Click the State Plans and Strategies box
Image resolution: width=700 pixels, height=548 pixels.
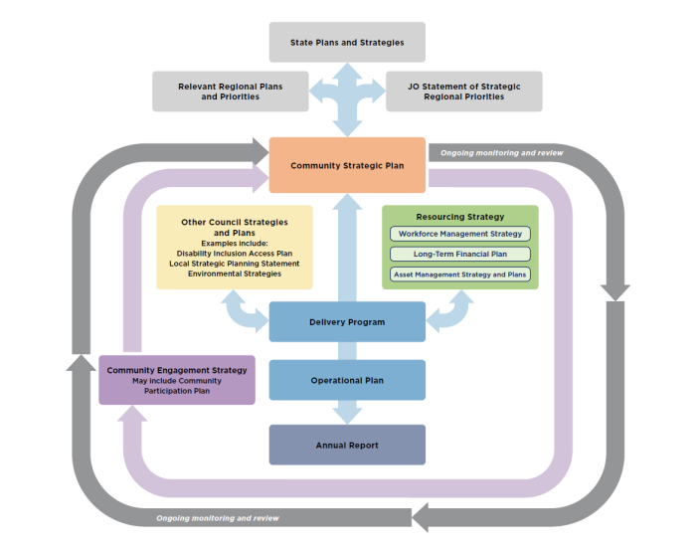(347, 43)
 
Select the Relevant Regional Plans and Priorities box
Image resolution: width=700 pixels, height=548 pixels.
(230, 91)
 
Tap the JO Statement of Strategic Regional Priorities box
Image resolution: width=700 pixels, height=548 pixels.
(463, 91)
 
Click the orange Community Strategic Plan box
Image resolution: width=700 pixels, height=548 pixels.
(347, 165)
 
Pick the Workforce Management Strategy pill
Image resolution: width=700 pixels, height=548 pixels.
(459, 234)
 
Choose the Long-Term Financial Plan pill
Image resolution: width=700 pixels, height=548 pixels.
(459, 254)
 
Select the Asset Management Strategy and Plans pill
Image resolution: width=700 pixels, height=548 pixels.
(459, 274)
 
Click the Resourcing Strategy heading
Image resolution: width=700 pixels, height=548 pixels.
(459, 216)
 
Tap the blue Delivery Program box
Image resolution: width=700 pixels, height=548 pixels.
(347, 322)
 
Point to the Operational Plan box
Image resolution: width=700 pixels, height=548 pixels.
(347, 380)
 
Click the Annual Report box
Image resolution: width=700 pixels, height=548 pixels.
(347, 445)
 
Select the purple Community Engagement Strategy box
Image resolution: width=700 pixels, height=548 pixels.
(177, 380)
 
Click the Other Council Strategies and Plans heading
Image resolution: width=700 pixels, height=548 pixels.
(235, 227)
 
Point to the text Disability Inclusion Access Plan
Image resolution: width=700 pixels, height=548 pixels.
(235, 254)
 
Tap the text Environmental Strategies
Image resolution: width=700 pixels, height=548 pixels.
(235, 274)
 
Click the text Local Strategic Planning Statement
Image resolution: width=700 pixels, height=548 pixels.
(235, 264)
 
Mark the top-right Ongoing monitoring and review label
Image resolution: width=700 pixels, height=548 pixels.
(501, 153)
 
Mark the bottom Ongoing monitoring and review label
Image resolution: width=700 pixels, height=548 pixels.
(217, 518)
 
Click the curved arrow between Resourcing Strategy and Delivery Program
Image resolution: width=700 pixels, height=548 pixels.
(452, 312)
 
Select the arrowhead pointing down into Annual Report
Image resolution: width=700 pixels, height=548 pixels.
(347, 412)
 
